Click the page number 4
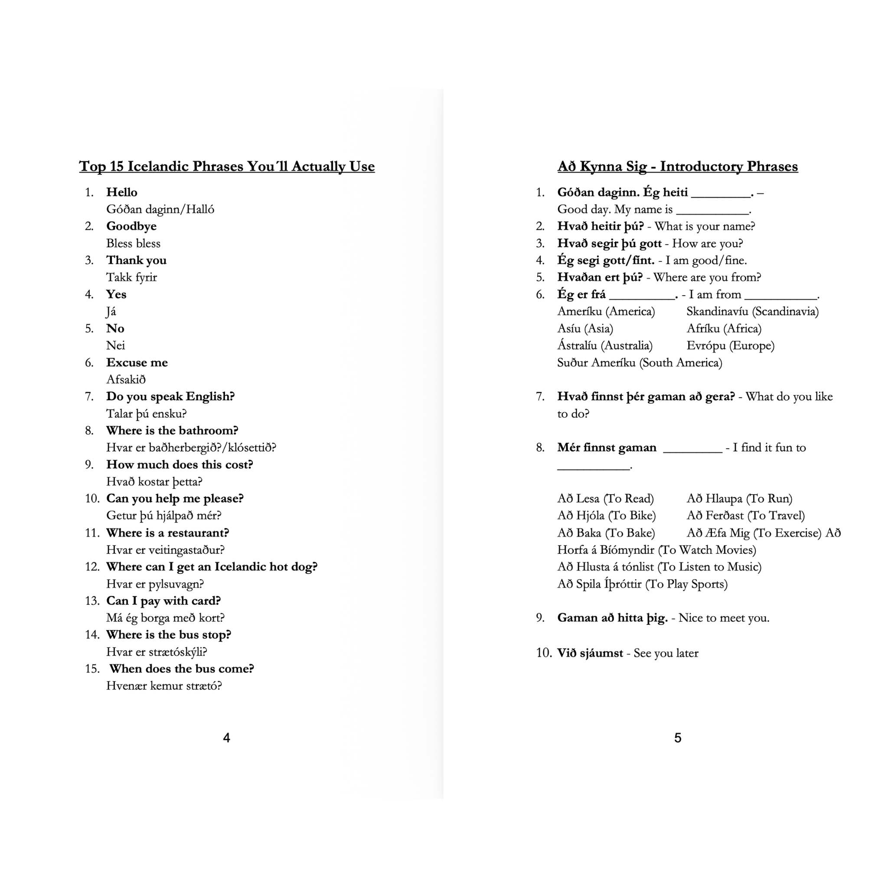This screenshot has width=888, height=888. tap(226, 738)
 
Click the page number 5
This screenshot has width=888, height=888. tap(678, 738)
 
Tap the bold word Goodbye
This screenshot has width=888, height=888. tap(131, 226)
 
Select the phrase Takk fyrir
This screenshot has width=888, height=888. tap(131, 277)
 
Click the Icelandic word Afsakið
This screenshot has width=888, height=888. tap(126, 380)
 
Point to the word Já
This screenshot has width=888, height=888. tap(111, 312)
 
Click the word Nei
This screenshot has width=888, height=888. tap(115, 346)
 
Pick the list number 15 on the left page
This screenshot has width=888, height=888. tap(92, 669)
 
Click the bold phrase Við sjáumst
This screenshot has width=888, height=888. tap(590, 653)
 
